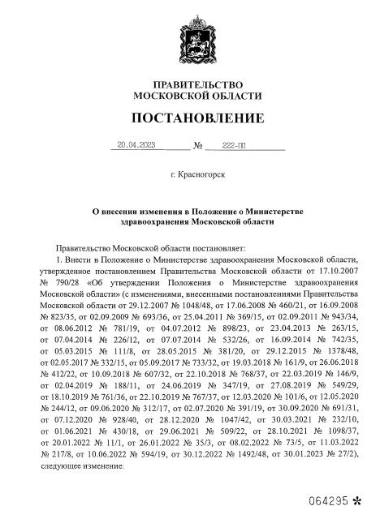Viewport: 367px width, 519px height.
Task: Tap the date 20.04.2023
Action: point(136,146)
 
